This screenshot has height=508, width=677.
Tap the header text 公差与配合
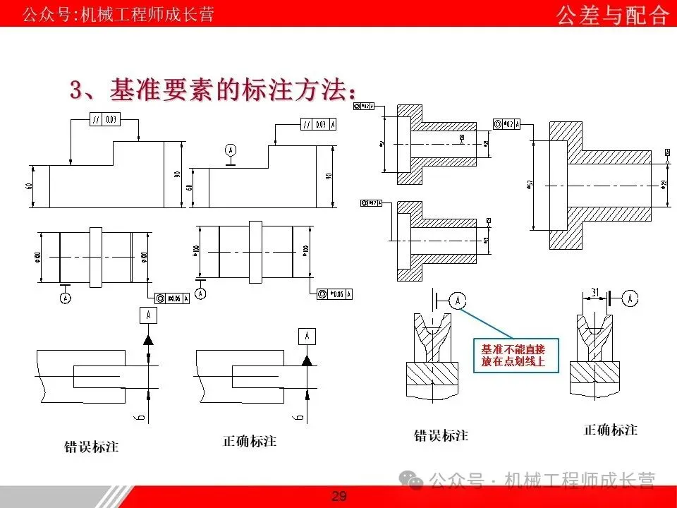(x=611, y=15)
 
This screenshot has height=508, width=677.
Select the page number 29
(x=338, y=497)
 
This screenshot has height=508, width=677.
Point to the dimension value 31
(x=594, y=292)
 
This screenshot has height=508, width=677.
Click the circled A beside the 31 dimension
(x=630, y=299)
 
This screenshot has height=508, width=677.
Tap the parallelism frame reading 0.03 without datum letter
(x=105, y=120)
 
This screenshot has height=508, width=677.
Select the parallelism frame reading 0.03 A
(x=319, y=124)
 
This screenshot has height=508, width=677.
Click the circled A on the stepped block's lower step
(x=229, y=150)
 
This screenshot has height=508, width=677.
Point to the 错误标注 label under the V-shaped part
(x=441, y=435)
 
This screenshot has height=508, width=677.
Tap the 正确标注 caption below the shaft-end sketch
(x=250, y=441)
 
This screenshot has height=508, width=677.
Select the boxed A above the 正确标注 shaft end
(x=307, y=336)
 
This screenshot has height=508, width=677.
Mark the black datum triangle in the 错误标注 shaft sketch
(x=148, y=339)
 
